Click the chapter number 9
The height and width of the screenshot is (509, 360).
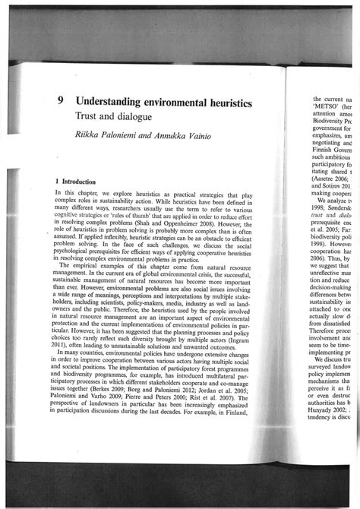point(60,101)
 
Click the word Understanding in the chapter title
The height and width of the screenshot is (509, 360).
point(118,101)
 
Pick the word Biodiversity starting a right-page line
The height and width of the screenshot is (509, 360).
point(331,125)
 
